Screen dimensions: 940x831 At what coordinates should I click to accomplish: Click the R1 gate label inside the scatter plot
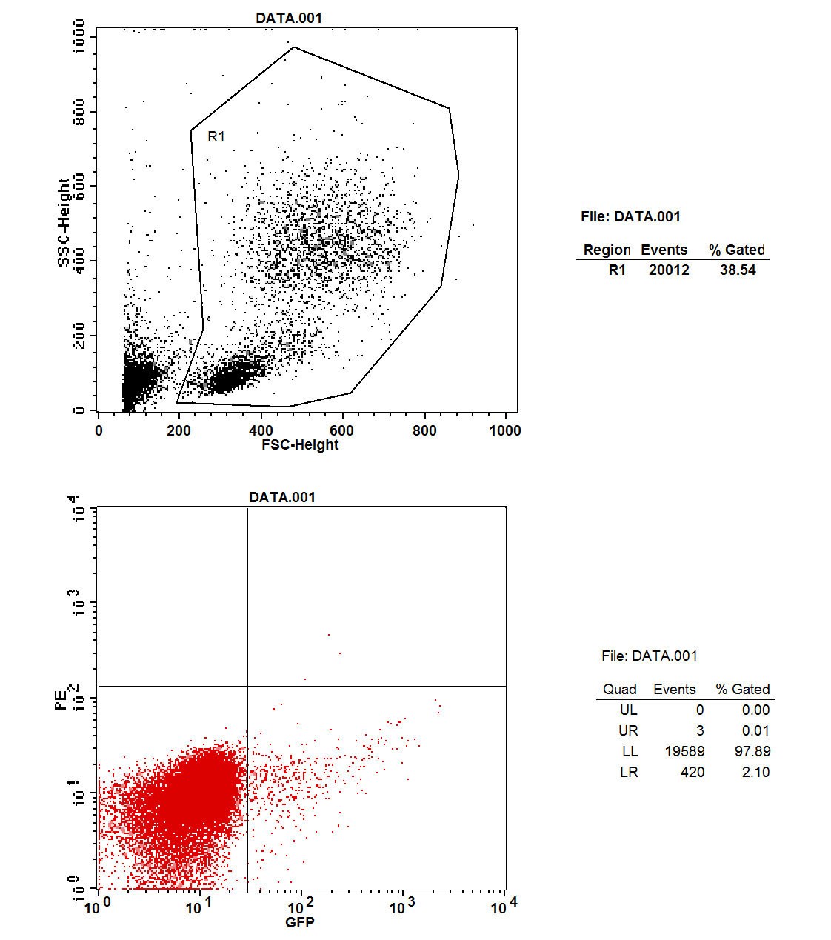(216, 136)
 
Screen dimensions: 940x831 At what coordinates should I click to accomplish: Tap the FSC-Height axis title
(300, 445)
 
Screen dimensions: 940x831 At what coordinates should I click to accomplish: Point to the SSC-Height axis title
(64, 221)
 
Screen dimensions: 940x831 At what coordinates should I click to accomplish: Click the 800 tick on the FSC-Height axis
(424, 430)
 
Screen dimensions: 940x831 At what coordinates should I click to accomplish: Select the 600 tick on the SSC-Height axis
(80, 187)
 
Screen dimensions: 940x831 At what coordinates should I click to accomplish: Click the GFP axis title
(300, 922)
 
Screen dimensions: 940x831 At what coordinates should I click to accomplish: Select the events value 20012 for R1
(669, 270)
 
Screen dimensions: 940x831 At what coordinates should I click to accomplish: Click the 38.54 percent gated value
(738, 270)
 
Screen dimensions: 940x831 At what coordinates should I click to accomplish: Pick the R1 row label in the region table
(617, 270)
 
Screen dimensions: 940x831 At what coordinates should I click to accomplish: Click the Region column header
(606, 250)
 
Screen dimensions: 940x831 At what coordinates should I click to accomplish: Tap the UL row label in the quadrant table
(628, 710)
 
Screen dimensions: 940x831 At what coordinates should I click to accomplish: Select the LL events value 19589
(684, 752)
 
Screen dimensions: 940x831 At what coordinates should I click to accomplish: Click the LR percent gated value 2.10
(755, 773)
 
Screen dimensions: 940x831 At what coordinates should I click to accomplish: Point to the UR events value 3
(700, 731)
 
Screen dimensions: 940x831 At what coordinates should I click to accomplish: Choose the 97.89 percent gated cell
(752, 752)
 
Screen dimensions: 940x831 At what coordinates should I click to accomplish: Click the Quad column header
(620, 690)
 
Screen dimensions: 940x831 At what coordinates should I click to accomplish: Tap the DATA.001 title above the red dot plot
(282, 497)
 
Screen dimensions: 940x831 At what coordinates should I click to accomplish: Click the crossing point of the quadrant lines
(247, 687)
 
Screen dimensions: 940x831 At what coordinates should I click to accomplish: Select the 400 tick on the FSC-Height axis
(261, 430)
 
